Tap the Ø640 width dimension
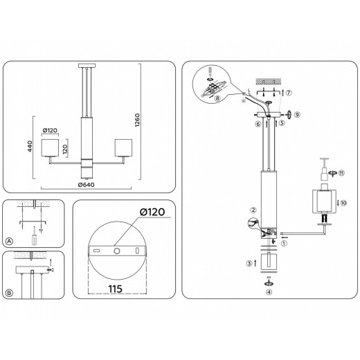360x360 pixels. coord(86,184)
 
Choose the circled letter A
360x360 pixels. coord(9,242)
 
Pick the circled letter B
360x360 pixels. coord(9,293)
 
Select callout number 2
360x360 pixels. coord(253,210)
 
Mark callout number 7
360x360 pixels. coord(289,93)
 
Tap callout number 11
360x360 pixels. coord(341,172)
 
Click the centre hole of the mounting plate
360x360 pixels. coord(117,250)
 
